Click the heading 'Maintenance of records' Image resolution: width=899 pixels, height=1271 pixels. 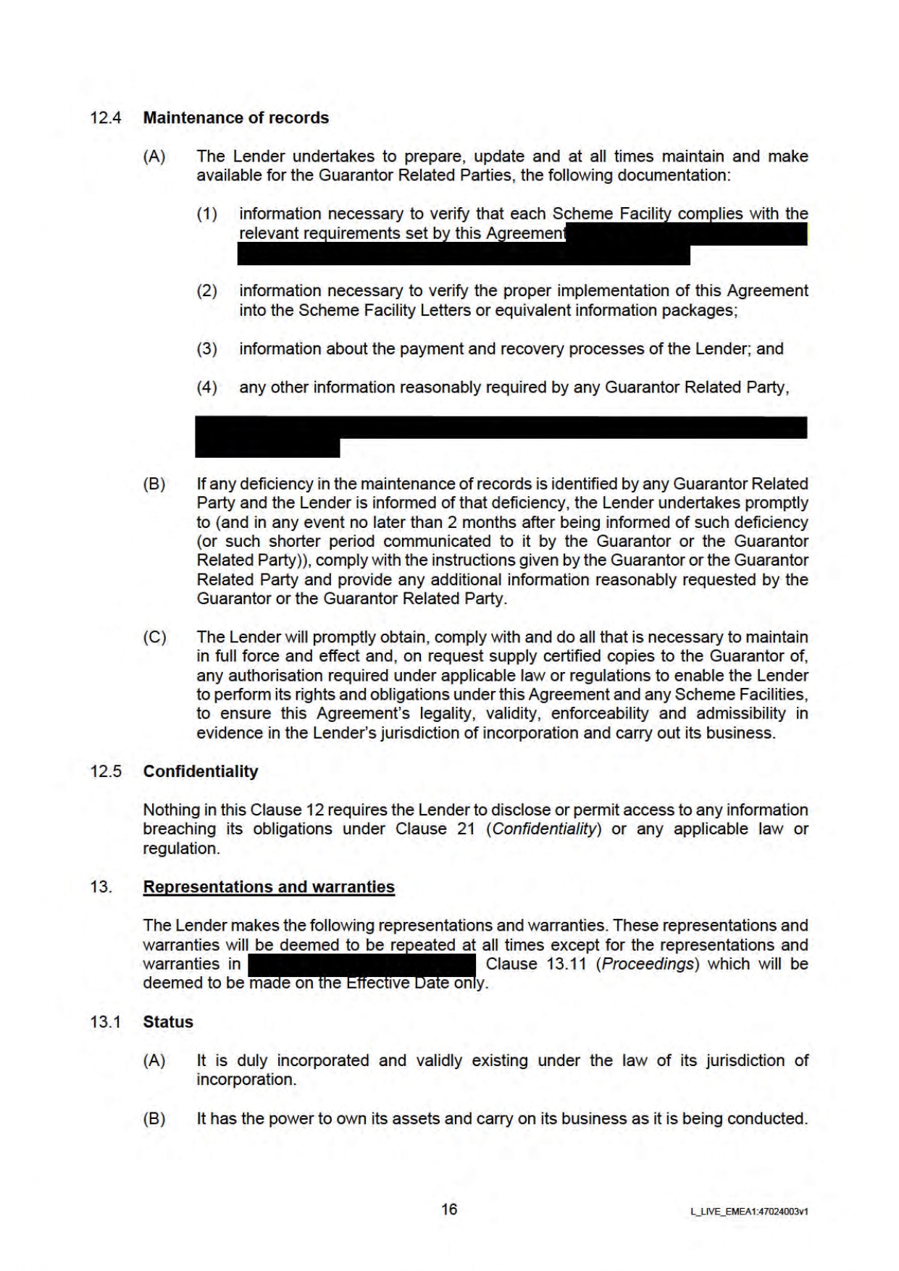235,118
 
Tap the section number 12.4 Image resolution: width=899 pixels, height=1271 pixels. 106,118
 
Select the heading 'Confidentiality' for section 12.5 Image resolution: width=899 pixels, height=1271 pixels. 200,771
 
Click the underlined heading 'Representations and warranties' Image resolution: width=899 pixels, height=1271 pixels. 269,887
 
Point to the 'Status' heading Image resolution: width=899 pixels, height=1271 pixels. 168,1022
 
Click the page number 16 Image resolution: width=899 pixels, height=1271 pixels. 449,1209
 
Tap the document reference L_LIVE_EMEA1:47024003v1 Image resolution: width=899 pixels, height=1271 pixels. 749,1211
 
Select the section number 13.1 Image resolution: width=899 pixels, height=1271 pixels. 106,1022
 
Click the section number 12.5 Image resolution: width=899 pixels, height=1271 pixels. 106,771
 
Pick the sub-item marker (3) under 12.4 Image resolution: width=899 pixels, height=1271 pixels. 207,349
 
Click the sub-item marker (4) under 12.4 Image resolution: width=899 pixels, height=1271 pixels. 207,387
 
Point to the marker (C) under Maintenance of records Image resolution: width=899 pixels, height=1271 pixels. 154,637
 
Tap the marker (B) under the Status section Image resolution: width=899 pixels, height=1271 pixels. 154,1119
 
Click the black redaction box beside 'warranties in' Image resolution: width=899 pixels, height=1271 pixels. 361,965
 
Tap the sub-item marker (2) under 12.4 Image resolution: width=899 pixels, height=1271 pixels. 207,291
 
